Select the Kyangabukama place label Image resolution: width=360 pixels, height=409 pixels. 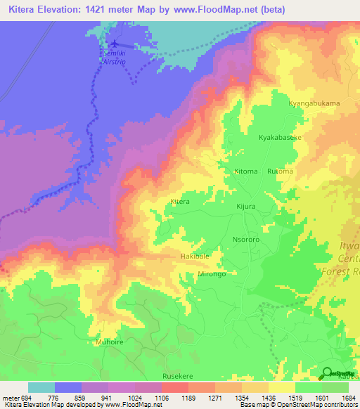[314, 103]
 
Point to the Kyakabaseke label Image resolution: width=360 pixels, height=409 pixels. [280, 138]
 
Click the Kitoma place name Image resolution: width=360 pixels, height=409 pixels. [245, 171]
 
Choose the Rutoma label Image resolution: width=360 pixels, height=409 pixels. [280, 171]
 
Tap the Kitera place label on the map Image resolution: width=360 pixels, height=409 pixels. [180, 202]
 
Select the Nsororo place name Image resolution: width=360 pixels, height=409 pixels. [246, 239]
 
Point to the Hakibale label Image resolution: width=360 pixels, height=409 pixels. [195, 257]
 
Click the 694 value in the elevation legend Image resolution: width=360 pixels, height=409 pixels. [21, 398]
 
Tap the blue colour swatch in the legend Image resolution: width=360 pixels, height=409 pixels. [68, 387]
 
